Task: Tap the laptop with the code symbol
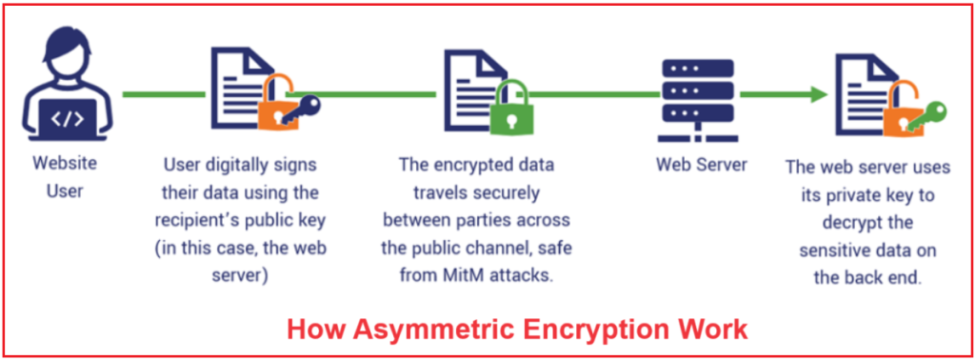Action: coord(67,120)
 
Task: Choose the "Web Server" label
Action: coord(702,165)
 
